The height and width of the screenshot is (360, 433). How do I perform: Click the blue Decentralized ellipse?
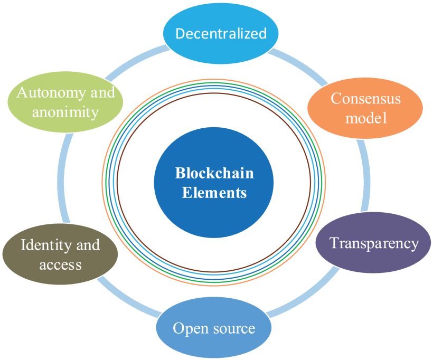pos(221,34)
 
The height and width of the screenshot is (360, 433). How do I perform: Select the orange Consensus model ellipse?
pos(365,108)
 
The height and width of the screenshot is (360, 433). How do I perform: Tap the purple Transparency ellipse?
pos(374,243)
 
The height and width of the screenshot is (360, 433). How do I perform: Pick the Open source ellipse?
pos(214,328)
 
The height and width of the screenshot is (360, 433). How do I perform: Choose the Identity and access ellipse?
pos(60,254)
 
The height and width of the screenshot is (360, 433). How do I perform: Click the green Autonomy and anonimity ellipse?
pos(66,102)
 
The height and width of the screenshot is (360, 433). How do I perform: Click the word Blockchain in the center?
pos(214,173)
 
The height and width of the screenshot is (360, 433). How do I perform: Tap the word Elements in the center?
pos(214,193)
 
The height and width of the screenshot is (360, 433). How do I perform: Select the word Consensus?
pos(365,98)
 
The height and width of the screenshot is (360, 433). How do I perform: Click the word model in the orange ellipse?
pos(365,118)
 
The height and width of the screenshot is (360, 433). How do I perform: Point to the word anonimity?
pos(66,112)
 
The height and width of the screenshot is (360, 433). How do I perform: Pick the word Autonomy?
pos(43,93)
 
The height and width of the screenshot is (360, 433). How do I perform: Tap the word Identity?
pos(42,245)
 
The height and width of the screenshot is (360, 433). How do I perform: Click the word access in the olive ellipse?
pos(60,264)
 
